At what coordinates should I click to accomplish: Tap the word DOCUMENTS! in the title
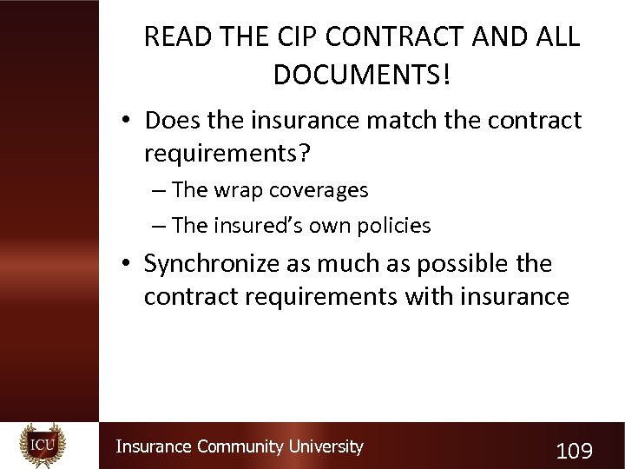point(362,76)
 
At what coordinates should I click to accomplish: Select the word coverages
point(320,189)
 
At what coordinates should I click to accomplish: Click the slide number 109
point(574,451)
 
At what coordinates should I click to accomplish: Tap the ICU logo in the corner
point(42,445)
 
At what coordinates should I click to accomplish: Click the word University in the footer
point(326,446)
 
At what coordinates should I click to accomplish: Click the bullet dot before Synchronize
point(127,264)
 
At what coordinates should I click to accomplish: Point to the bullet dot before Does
point(127,121)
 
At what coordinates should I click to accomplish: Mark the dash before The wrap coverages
point(157,190)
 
